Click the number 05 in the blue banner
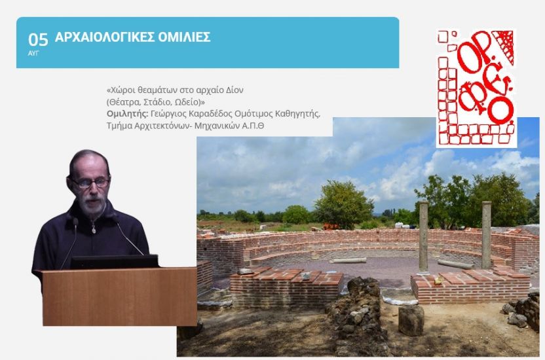(x=38, y=40)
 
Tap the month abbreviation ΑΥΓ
(x=33, y=54)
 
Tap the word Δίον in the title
(x=235, y=90)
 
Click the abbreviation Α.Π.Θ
(x=252, y=126)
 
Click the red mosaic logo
(x=476, y=88)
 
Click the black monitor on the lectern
(x=115, y=261)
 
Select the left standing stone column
(x=423, y=237)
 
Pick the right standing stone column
(x=486, y=235)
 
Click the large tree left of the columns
(x=343, y=205)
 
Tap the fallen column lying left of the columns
(x=348, y=261)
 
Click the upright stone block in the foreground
(x=411, y=320)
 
